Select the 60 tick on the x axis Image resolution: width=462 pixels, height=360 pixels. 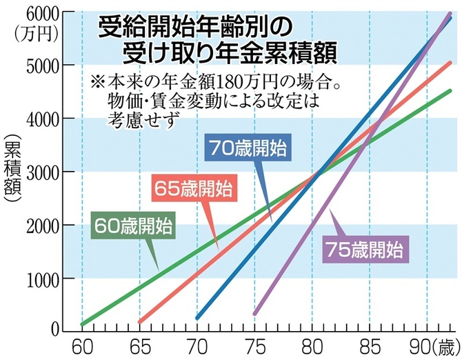[82, 345]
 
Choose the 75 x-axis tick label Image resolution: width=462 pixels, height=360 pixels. [254, 345]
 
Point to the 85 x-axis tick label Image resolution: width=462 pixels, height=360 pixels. [369, 345]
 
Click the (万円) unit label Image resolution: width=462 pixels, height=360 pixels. [26, 30]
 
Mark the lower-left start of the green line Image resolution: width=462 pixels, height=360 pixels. [83, 323]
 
